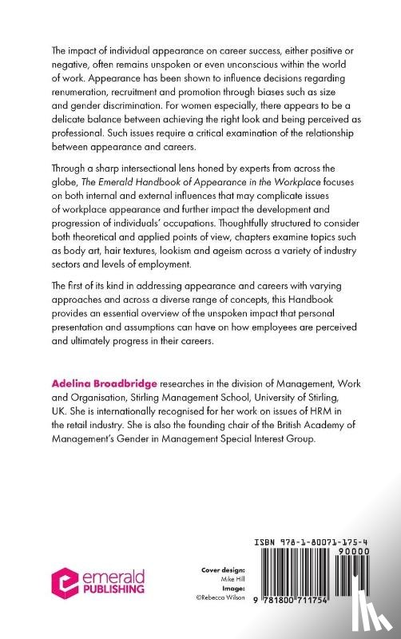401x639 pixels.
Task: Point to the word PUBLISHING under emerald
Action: [113, 589]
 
